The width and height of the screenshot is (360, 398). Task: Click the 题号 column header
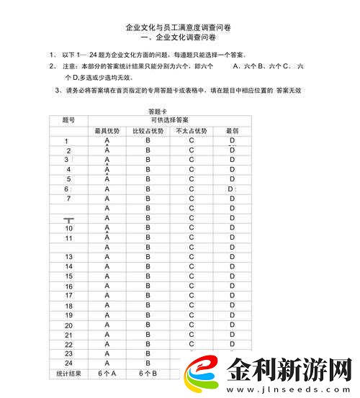[68, 119]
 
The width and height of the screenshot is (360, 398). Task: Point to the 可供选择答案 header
[169, 119]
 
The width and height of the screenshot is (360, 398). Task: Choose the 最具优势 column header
[107, 130]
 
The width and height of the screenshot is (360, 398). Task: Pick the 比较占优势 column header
[148, 130]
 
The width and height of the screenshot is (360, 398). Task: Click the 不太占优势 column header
[191, 130]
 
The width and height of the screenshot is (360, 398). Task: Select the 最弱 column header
[232, 130]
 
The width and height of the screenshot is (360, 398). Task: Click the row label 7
[68, 198]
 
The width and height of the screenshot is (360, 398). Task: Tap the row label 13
[68, 257]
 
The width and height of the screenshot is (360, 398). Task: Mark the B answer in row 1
[148, 140]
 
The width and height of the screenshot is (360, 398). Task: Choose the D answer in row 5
[232, 178]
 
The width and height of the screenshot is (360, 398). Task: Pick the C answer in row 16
[192, 286]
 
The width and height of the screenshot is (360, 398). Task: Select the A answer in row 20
[107, 325]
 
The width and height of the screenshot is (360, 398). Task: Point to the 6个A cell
[107, 374]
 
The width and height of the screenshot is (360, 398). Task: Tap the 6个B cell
[148, 374]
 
